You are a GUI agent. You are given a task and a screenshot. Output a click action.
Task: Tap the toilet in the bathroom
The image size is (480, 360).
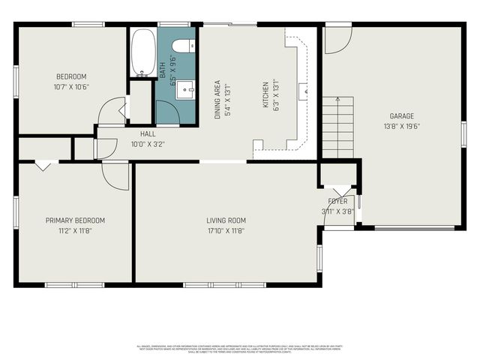(x=190, y=46)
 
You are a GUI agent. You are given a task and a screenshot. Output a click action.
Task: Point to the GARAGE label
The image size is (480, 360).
(x=401, y=116)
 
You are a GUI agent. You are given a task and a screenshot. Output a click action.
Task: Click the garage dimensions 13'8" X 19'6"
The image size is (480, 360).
(x=401, y=127)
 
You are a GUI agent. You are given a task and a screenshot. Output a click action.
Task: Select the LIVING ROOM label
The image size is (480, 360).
(x=226, y=220)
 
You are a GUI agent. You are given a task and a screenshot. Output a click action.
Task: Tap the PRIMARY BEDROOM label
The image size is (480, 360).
(x=75, y=220)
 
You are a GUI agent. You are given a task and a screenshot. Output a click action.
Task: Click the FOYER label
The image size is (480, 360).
(x=337, y=202)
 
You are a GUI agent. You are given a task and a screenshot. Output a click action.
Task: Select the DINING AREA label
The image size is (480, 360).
(x=217, y=100)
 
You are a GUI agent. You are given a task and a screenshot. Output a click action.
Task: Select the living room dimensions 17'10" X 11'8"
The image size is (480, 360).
(x=226, y=231)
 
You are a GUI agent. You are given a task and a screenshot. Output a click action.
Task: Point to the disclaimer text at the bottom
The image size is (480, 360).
(x=240, y=348)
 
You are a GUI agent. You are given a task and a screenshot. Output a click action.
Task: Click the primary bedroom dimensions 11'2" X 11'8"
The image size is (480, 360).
(x=75, y=231)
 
